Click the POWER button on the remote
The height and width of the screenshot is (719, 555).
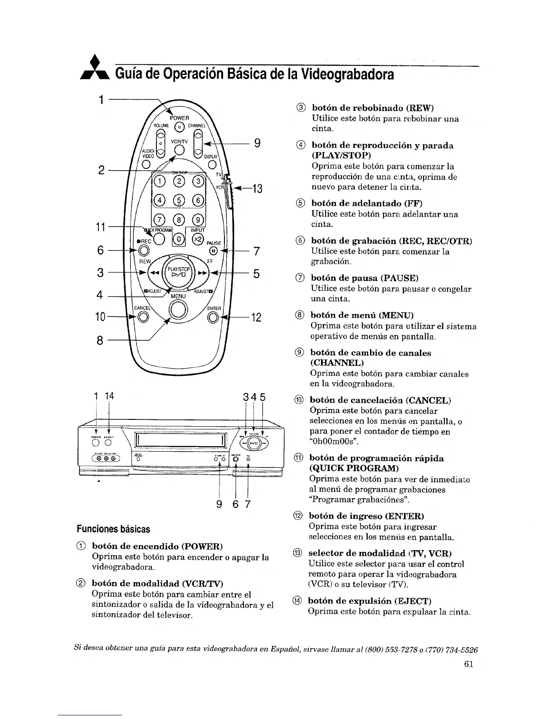coord(180,127)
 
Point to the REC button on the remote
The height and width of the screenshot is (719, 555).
coord(144,250)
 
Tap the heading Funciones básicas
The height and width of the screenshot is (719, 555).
coord(113,529)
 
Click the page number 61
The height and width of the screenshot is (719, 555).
coord(469,665)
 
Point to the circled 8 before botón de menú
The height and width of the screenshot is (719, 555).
coord(298,315)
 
